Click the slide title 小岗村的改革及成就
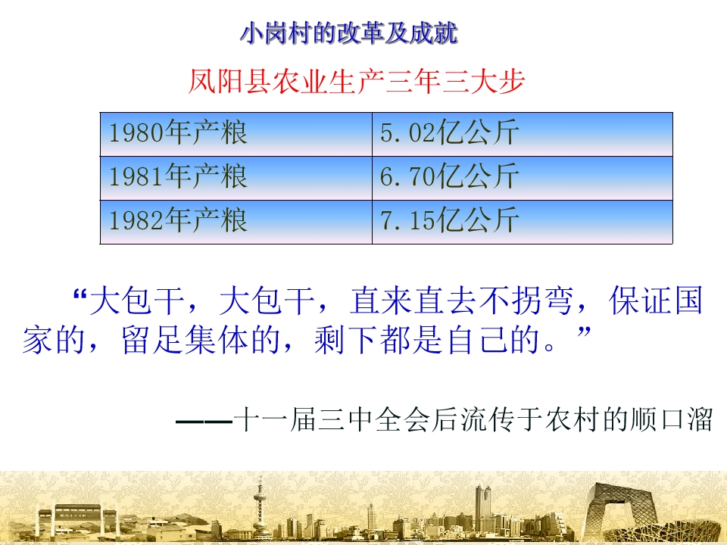[349, 34]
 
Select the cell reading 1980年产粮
[178, 134]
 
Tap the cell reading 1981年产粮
[178, 177]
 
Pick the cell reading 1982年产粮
[178, 220]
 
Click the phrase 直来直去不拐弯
[461, 303]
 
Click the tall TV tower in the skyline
[260, 503]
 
